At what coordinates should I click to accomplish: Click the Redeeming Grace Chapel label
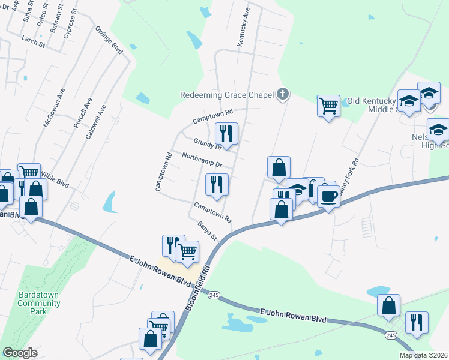pyautogui.click(x=228, y=95)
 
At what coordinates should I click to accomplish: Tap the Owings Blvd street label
pyautogui.click(x=108, y=40)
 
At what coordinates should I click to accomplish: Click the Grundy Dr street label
pyautogui.click(x=208, y=143)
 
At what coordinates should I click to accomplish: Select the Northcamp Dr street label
pyautogui.click(x=202, y=161)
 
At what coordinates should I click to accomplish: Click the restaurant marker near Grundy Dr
pyautogui.click(x=226, y=133)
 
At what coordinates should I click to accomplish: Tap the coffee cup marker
pyautogui.click(x=328, y=196)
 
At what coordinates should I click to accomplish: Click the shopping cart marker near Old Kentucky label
pyautogui.click(x=328, y=106)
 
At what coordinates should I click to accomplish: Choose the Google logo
pyautogui.click(x=20, y=353)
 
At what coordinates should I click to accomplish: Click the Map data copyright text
pyautogui.click(x=423, y=355)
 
